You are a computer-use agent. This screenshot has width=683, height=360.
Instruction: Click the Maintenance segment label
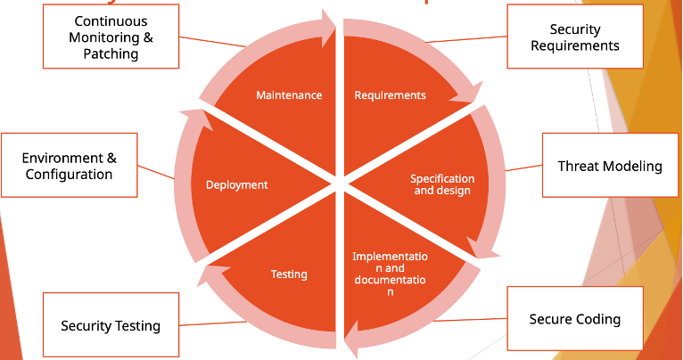point(289,95)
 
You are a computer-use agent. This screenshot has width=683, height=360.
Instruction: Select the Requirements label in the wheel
point(390,95)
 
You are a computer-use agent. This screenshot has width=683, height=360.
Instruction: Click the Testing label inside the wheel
point(289,274)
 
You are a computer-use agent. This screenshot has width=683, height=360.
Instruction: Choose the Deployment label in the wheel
point(236,185)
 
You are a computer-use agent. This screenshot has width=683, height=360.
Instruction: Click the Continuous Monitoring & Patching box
point(111,37)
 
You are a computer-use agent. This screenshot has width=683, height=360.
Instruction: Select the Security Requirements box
point(575,37)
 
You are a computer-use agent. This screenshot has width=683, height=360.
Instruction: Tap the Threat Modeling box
point(610,167)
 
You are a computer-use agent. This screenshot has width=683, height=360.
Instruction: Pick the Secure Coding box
point(575,319)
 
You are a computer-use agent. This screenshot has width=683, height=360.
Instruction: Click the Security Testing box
point(111,325)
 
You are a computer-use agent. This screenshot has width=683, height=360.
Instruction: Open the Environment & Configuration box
point(70,166)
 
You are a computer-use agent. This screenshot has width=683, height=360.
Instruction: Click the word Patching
point(111,53)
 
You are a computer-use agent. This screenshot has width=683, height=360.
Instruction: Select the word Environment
point(63,158)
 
